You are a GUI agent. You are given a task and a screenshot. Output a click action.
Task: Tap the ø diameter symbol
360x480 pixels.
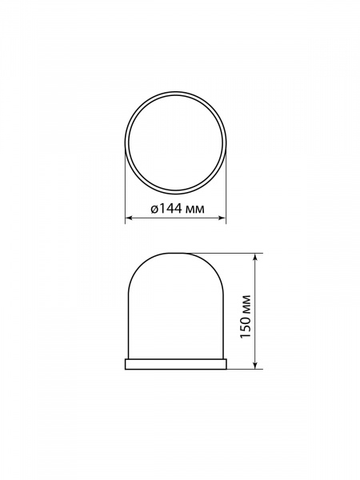154,209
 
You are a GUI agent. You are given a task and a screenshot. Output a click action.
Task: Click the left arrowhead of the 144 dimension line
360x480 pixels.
129,218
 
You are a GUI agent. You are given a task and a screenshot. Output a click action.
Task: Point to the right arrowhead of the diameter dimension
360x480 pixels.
222,218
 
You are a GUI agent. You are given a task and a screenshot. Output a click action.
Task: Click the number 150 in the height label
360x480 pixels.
246,326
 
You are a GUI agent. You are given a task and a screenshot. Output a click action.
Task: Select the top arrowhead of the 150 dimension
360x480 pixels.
255,257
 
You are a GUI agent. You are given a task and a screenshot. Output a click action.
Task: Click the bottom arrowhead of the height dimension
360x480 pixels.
255,366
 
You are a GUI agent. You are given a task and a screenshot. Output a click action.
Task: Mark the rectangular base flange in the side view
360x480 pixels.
176,364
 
